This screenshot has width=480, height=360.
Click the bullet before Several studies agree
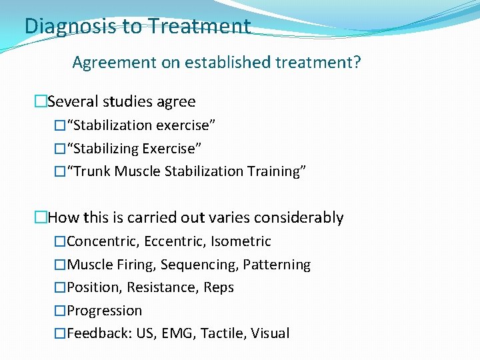[41, 102]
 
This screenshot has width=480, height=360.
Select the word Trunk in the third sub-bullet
[92, 171]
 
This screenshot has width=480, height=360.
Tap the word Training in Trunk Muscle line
[276, 171]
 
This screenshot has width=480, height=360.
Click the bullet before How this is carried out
[41, 218]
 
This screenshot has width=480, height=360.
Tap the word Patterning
[277, 265]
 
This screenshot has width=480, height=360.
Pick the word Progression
[105, 311]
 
